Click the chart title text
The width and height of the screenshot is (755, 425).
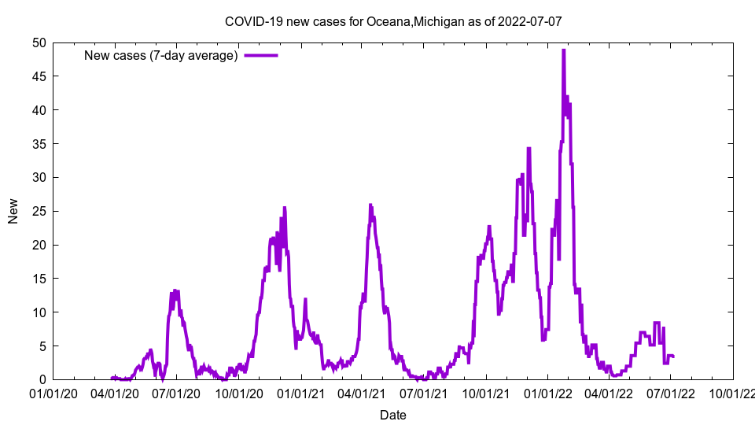point(393,21)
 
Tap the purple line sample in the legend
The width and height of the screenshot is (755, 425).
point(261,56)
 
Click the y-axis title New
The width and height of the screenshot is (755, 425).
point(13,211)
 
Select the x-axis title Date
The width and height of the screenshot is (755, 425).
point(393,415)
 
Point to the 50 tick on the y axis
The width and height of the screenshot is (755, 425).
point(39,42)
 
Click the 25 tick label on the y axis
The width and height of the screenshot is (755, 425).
point(39,211)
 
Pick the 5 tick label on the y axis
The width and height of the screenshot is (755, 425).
point(42,346)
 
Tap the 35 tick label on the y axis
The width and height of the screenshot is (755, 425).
point(39,144)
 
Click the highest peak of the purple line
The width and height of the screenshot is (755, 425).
point(563,50)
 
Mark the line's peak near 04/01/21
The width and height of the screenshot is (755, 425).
point(370,205)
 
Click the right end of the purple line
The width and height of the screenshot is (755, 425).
point(673,357)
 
